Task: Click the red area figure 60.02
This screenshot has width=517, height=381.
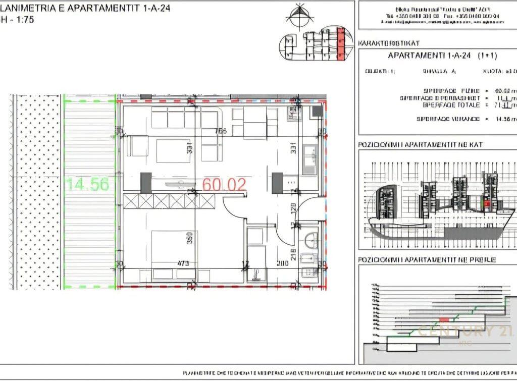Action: tap(224, 184)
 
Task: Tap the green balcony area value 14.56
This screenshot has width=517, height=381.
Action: tap(87, 184)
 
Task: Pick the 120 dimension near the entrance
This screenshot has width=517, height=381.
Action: tap(292, 208)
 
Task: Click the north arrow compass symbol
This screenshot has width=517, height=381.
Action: tap(299, 15)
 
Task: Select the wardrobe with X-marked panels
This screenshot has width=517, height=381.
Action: tap(169, 201)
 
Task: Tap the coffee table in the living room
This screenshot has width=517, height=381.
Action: tap(173, 150)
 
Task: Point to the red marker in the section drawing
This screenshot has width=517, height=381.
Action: tap(444, 320)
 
